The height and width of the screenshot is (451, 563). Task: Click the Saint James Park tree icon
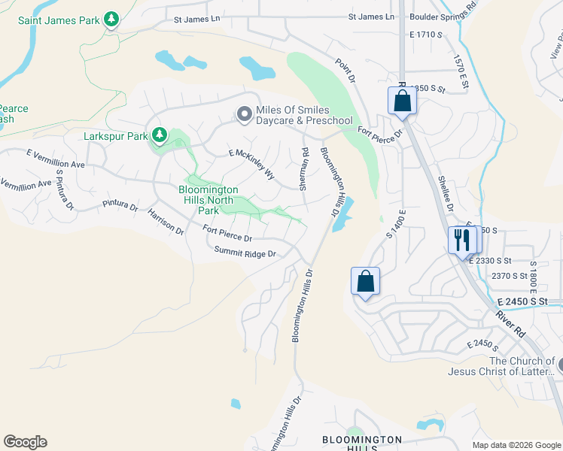(x=111, y=19)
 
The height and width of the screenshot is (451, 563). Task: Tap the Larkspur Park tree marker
(x=159, y=135)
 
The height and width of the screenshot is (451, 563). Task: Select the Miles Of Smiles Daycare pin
(x=243, y=114)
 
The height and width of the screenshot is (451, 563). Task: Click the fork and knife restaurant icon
(x=461, y=240)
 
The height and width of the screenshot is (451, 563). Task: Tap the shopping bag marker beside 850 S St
(x=402, y=100)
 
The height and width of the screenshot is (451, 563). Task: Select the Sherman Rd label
(x=304, y=168)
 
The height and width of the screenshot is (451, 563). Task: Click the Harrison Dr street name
(x=166, y=222)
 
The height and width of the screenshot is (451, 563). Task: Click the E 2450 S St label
(x=530, y=301)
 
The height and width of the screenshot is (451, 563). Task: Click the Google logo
(x=25, y=442)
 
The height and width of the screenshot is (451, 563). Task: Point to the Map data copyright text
(x=516, y=444)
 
